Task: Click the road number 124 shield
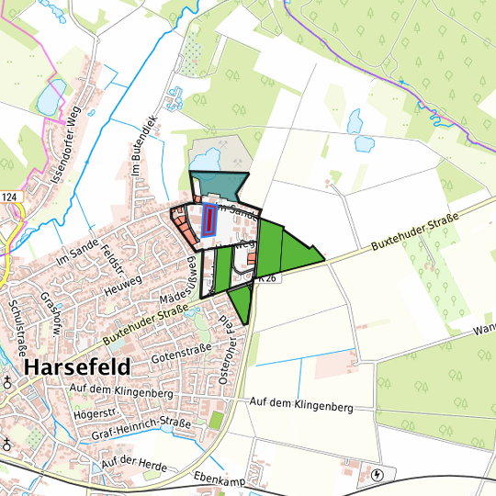pos(9,197)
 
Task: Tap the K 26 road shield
pos(266,276)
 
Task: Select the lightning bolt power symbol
pos(379,476)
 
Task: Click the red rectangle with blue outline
pos(209,220)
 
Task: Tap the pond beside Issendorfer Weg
pos(53,92)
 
